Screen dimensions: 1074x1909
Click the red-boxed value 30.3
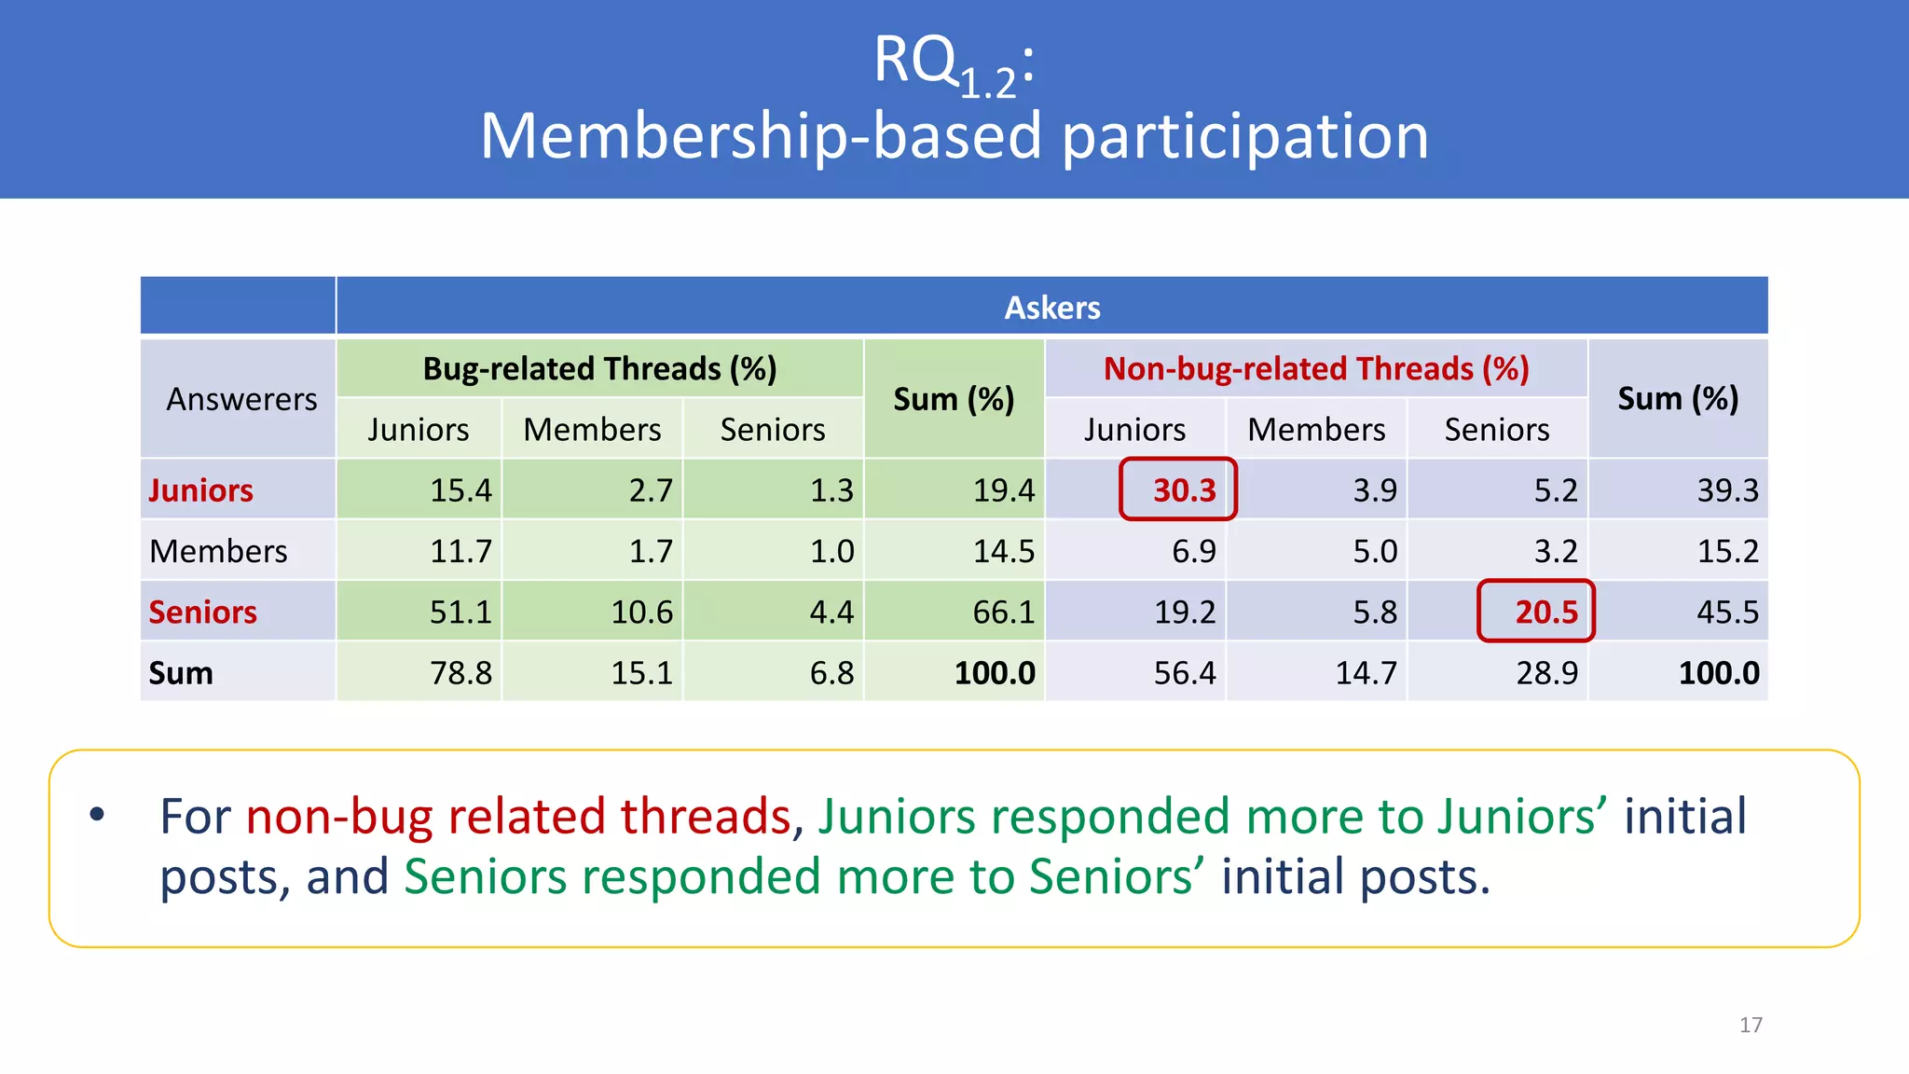pyautogui.click(x=1184, y=490)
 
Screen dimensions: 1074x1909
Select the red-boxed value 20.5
pyautogui.click(x=1545, y=613)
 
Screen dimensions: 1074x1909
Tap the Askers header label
pyautogui.click(x=1051, y=308)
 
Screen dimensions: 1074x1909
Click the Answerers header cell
pyautogui.click(x=241, y=399)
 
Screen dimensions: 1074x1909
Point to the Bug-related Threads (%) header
pyautogui.click(x=599, y=369)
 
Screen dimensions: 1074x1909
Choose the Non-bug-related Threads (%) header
pyautogui.click(x=1316, y=369)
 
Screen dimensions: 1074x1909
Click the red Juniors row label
pyautogui.click(x=200, y=490)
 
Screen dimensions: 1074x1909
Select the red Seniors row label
pyautogui.click(x=202, y=613)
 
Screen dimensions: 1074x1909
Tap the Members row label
pyautogui.click(x=218, y=552)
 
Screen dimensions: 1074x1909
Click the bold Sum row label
pyautogui.click(x=181, y=673)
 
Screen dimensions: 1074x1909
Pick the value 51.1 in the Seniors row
pyautogui.click(x=460, y=613)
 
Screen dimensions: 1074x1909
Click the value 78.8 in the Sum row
pyautogui.click(x=460, y=673)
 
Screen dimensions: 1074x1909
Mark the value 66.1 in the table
pyautogui.click(x=1003, y=613)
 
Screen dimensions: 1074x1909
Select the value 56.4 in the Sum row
pyautogui.click(x=1184, y=673)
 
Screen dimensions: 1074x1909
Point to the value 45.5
pyautogui.click(x=1726, y=613)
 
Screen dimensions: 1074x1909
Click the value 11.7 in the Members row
pyautogui.click(x=460, y=552)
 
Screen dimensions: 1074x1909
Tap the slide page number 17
pyautogui.click(x=1751, y=1026)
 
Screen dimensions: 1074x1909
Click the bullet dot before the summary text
pyautogui.click(x=97, y=815)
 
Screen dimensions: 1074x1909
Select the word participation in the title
pyautogui.click(x=1244, y=136)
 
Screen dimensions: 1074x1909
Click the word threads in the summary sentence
pyautogui.click(x=706, y=817)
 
